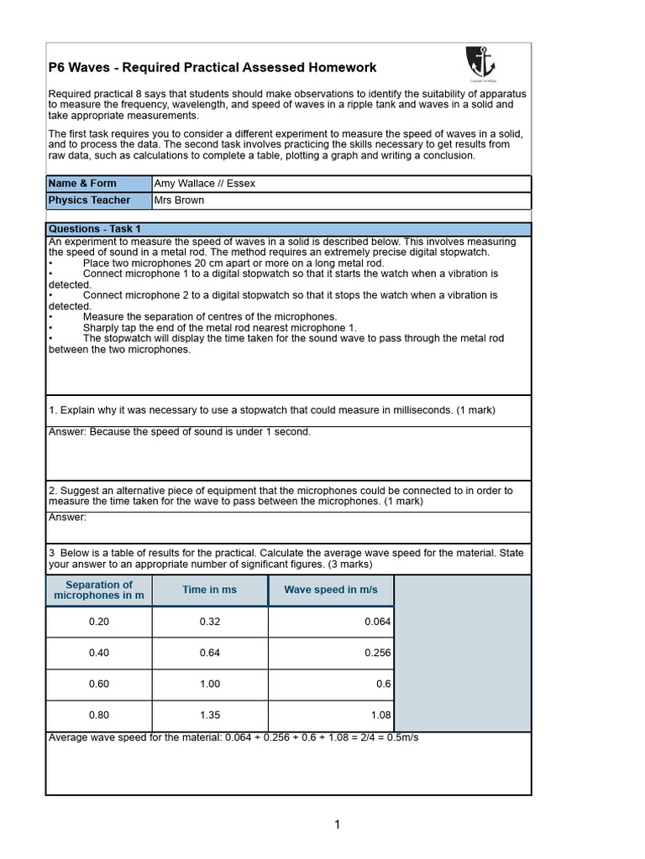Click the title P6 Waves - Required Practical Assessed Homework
[x=212, y=67]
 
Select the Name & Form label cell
[x=98, y=184]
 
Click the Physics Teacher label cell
[x=98, y=200]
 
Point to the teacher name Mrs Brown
[x=180, y=200]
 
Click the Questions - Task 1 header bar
[x=288, y=229]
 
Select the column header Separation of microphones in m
[x=99, y=591]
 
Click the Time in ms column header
[x=210, y=590]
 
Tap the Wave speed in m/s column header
[x=331, y=590]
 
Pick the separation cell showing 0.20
[x=99, y=622]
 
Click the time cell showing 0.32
[x=210, y=622]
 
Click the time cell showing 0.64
[x=210, y=653]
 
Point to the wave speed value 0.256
[x=377, y=653]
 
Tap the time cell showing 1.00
[x=210, y=684]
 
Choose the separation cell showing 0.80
[x=99, y=716]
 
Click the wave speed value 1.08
[x=380, y=716]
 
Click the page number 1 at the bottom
[x=337, y=825]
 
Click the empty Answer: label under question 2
[x=68, y=518]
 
